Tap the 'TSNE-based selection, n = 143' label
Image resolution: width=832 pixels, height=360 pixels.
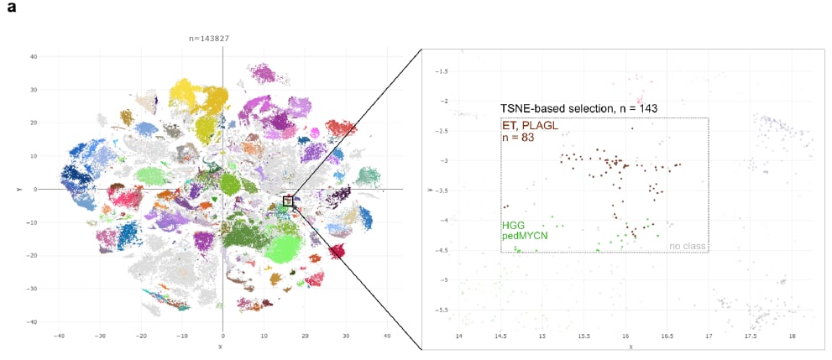(x=578, y=108)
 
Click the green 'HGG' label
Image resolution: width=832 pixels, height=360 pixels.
(x=512, y=226)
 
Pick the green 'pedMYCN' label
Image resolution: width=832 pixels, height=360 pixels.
(x=521, y=237)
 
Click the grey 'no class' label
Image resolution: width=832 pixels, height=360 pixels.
(x=687, y=246)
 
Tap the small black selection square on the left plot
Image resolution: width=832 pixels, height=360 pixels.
(x=288, y=201)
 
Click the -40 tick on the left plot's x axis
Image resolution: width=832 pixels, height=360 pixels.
(x=58, y=336)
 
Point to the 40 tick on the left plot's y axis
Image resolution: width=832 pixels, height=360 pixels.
(x=33, y=56)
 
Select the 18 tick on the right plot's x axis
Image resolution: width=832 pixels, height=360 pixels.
(x=792, y=336)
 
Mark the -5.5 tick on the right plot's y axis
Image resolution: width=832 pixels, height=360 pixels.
(x=441, y=310)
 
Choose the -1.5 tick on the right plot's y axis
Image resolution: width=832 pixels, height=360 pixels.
(x=441, y=71)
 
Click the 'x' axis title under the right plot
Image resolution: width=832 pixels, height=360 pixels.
(x=630, y=346)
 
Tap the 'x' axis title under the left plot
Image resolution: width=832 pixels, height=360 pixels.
(x=220, y=346)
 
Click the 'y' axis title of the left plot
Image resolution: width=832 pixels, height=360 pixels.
(x=18, y=190)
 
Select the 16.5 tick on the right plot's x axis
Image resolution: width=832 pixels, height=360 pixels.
(x=667, y=336)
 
